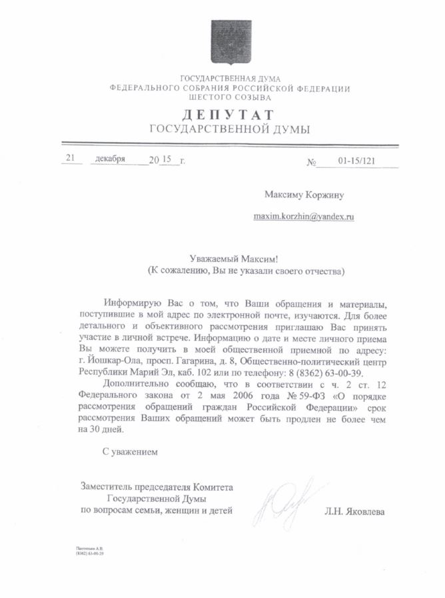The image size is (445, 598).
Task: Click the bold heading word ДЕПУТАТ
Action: pos(230,115)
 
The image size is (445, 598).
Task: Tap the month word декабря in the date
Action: pos(111,159)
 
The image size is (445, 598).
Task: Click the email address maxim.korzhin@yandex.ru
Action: pos(303,217)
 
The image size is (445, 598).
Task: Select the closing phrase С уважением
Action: pos(131,452)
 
